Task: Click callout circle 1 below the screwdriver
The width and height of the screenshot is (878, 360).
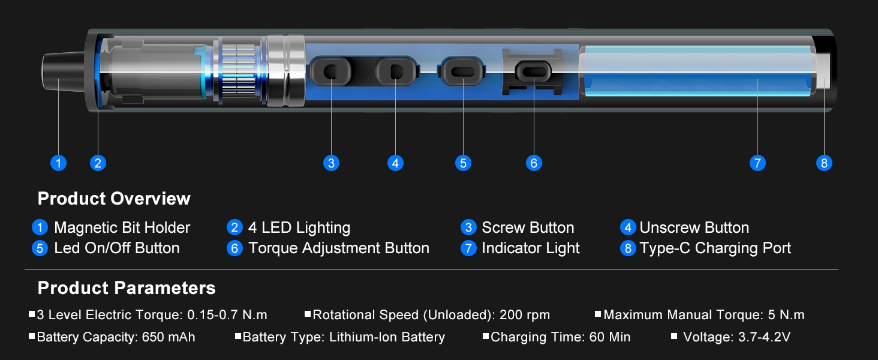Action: click(x=58, y=163)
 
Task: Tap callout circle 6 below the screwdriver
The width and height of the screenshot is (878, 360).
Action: click(x=534, y=163)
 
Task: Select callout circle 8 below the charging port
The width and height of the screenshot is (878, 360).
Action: click(x=824, y=163)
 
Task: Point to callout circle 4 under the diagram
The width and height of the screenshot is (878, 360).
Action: click(x=395, y=163)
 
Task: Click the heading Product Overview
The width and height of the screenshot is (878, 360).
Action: click(x=114, y=199)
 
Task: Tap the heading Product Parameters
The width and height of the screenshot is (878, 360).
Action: click(x=127, y=288)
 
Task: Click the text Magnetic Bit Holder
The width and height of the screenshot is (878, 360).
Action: click(x=122, y=228)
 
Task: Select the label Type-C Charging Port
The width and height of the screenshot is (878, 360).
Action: click(x=715, y=248)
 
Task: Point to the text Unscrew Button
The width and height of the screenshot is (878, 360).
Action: click(x=694, y=228)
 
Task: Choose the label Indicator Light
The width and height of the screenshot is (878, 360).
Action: click(x=531, y=248)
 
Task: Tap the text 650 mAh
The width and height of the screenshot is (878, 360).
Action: click(x=169, y=337)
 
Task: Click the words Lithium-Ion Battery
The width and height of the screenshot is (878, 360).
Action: click(x=387, y=337)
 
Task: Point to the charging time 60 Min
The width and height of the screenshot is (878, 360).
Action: click(x=610, y=337)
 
